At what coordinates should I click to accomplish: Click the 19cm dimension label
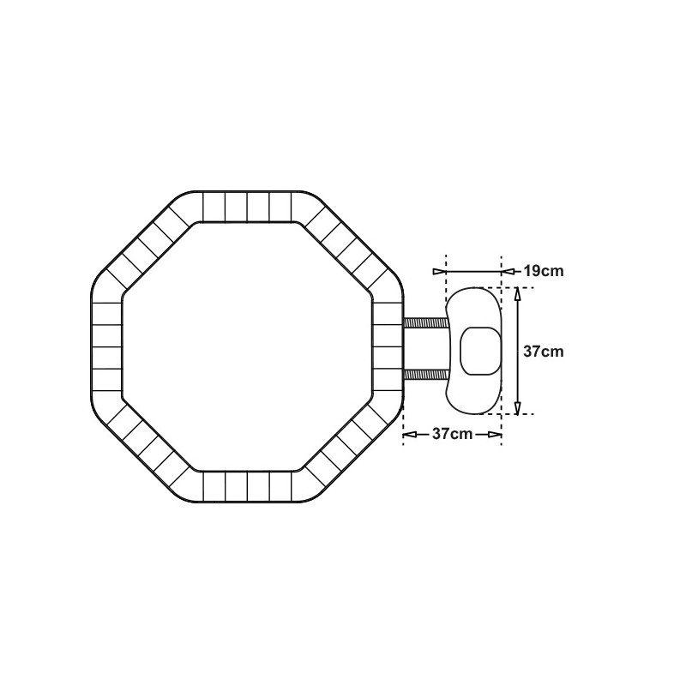click(544, 271)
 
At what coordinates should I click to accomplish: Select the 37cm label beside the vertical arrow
click(544, 352)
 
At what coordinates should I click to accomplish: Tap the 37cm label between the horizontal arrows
click(453, 434)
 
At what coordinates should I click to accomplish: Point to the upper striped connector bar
click(425, 323)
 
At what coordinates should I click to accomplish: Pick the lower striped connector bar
click(425, 375)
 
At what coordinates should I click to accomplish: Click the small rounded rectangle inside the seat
click(480, 351)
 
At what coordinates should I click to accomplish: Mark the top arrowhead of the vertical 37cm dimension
click(518, 294)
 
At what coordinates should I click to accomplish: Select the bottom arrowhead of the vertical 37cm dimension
click(518, 408)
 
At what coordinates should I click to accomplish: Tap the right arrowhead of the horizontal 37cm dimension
click(495, 434)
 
